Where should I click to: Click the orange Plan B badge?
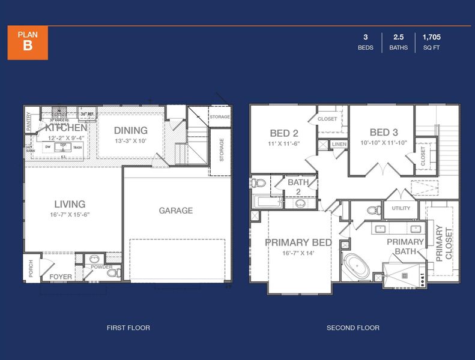point(28,43)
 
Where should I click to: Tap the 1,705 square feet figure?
point(431,37)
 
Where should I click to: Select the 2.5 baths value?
point(398,37)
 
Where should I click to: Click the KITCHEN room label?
point(66,128)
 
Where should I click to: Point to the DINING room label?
point(130,130)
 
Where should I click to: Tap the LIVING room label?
point(70,204)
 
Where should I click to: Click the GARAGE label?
point(175,211)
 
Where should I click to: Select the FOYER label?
point(61,277)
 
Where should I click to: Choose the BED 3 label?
point(380,133)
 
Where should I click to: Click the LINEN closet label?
point(339,145)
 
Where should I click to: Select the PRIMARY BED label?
point(298,242)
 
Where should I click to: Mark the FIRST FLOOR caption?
point(128,328)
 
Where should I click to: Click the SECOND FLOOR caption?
point(352,328)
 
